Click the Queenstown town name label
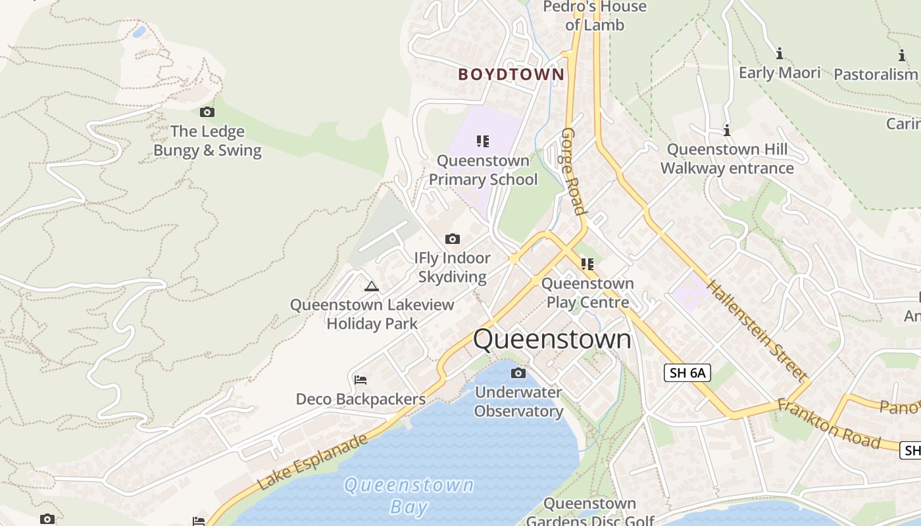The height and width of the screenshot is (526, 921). click(552, 339)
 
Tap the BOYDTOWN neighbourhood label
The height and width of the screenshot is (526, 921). click(511, 74)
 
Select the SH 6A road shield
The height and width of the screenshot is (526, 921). click(687, 373)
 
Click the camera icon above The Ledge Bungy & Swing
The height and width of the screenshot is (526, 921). click(207, 112)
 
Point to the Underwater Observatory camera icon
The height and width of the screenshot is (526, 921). click(518, 373)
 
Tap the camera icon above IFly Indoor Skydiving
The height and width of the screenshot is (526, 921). click(453, 239)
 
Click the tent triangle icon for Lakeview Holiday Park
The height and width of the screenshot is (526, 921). click(372, 286)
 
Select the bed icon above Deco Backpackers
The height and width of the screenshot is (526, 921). click(360, 380)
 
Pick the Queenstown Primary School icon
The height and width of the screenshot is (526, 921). click(483, 141)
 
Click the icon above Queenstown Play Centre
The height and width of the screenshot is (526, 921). click(587, 264)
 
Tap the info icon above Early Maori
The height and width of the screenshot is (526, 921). click(780, 53)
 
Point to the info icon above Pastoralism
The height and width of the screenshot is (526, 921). click(901, 56)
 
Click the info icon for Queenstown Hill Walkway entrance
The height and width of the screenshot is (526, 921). click(727, 130)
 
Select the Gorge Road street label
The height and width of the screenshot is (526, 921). click(573, 172)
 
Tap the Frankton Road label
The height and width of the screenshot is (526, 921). click(828, 423)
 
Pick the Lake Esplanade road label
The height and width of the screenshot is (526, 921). click(312, 462)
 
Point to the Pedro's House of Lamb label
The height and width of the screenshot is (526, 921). click(595, 16)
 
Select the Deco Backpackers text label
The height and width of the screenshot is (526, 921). click(361, 399)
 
